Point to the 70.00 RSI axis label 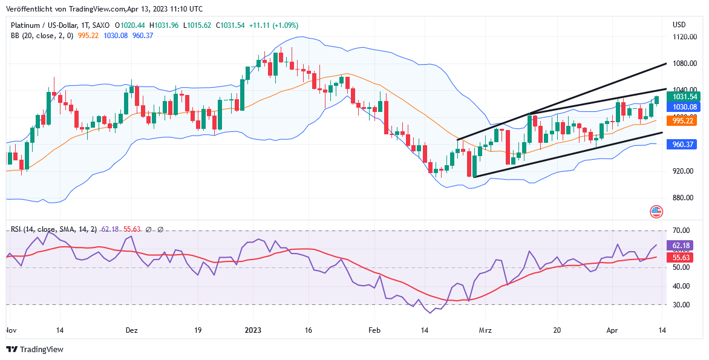pyautogui.click(x=681, y=231)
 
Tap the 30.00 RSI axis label pyautogui.click(x=681, y=305)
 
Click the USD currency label pyautogui.click(x=679, y=25)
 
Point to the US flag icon pyautogui.click(x=656, y=212)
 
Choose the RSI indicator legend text pyautogui.click(x=53, y=229)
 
